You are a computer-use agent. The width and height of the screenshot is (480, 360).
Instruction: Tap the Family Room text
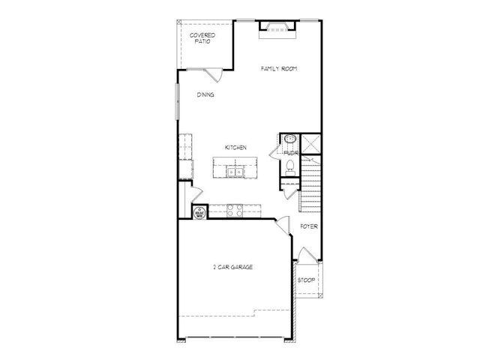coord(279,68)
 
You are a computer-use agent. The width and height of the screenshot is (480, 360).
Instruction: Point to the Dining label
coord(205,95)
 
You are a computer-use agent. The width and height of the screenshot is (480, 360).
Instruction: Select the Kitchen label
coord(236,147)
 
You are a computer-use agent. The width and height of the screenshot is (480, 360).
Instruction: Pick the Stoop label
coord(306,280)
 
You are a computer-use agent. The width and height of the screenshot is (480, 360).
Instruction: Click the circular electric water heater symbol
coord(200,213)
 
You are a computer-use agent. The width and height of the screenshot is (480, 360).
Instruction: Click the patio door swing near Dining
coord(212,74)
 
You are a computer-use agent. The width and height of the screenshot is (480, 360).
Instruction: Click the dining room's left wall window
coord(178,100)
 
